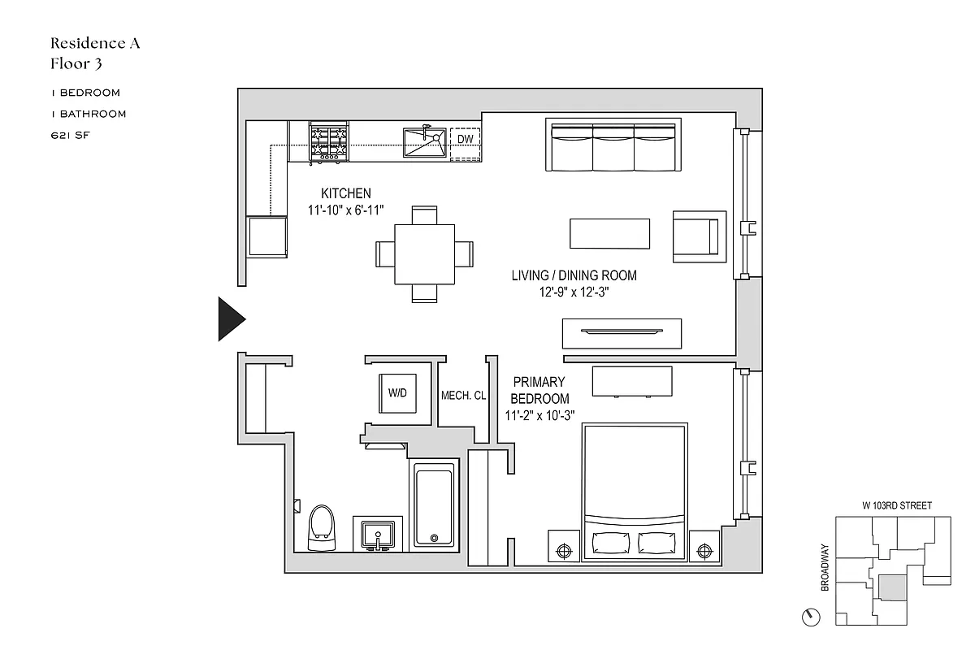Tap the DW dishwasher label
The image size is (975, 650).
(x=465, y=140)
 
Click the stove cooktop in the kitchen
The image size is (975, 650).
(x=328, y=143)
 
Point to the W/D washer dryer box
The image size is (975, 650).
(x=397, y=394)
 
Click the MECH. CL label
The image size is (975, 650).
(x=463, y=396)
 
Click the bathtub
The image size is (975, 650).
(x=435, y=505)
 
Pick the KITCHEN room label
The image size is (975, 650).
(x=346, y=193)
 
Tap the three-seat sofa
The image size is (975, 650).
(x=613, y=147)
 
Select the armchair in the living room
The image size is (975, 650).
(x=698, y=236)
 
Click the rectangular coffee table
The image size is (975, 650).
(x=609, y=234)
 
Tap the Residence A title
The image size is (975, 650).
(x=95, y=43)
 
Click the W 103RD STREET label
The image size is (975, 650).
(x=896, y=505)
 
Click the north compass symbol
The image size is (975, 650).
(x=811, y=617)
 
